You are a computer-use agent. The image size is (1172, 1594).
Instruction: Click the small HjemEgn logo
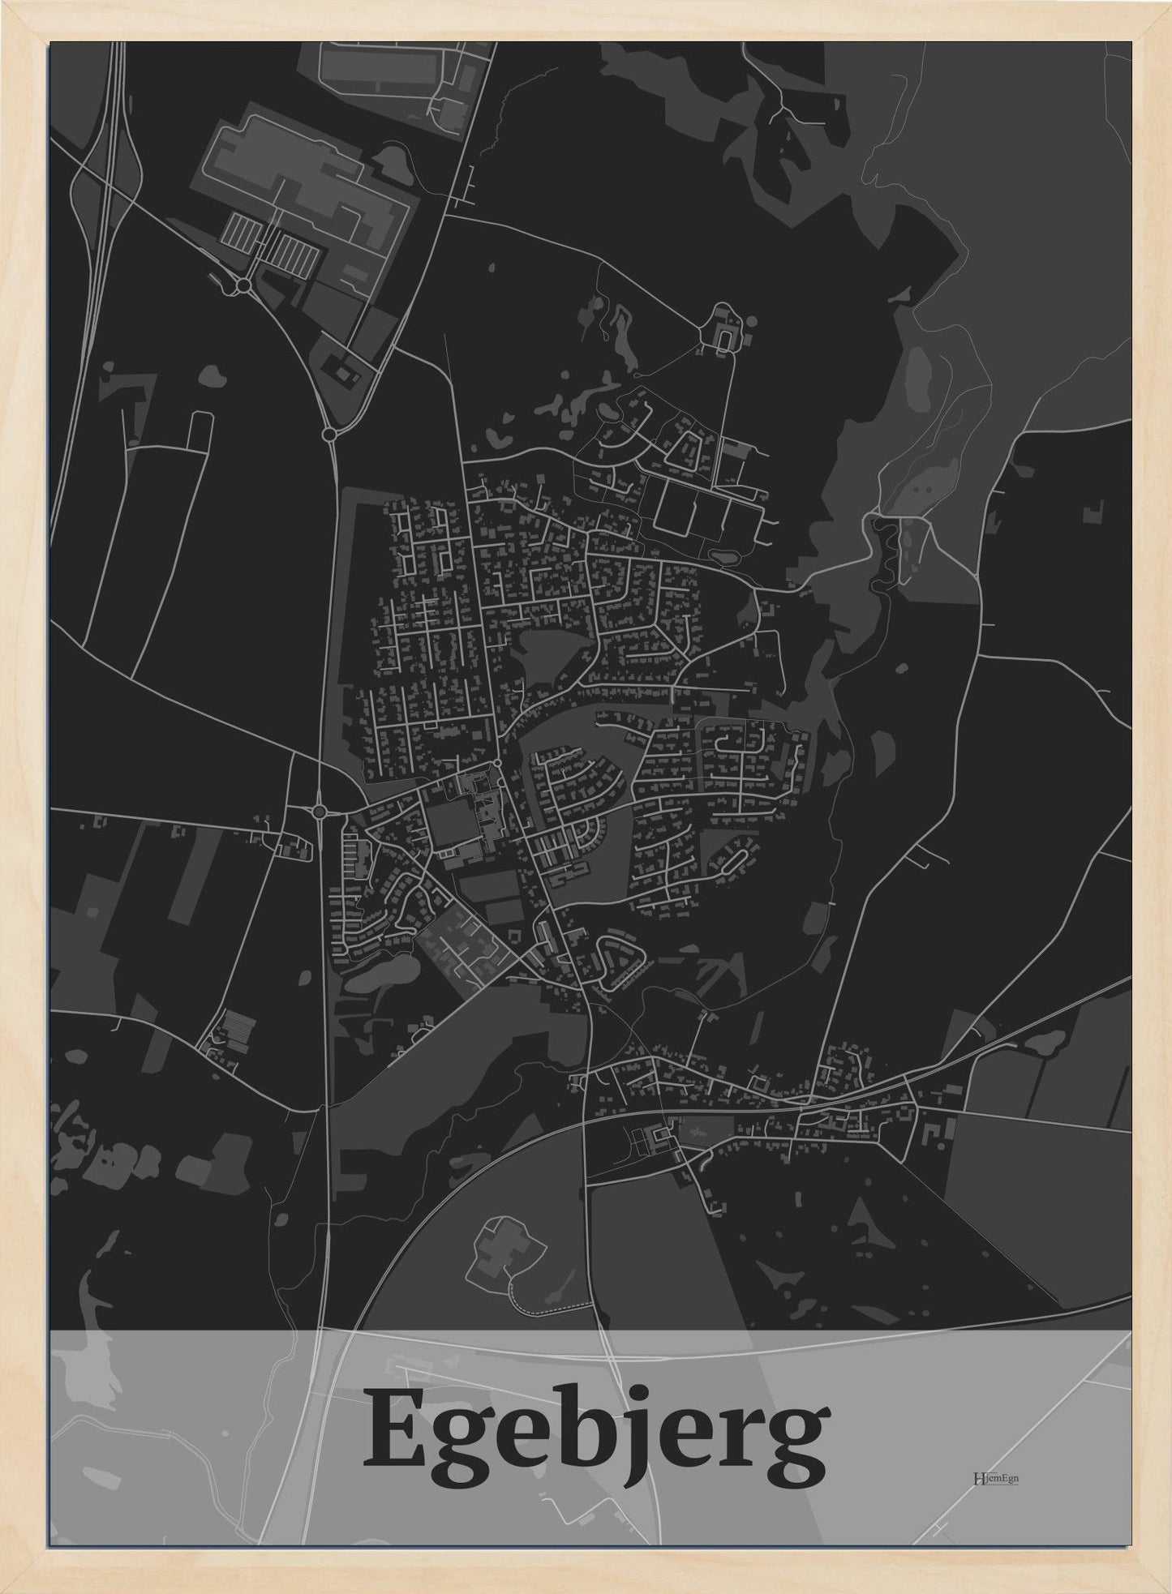click(x=996, y=1476)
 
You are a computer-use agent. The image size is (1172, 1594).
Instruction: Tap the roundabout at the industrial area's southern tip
click(x=329, y=435)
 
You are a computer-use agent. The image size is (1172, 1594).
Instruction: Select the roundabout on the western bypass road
click(x=318, y=810)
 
